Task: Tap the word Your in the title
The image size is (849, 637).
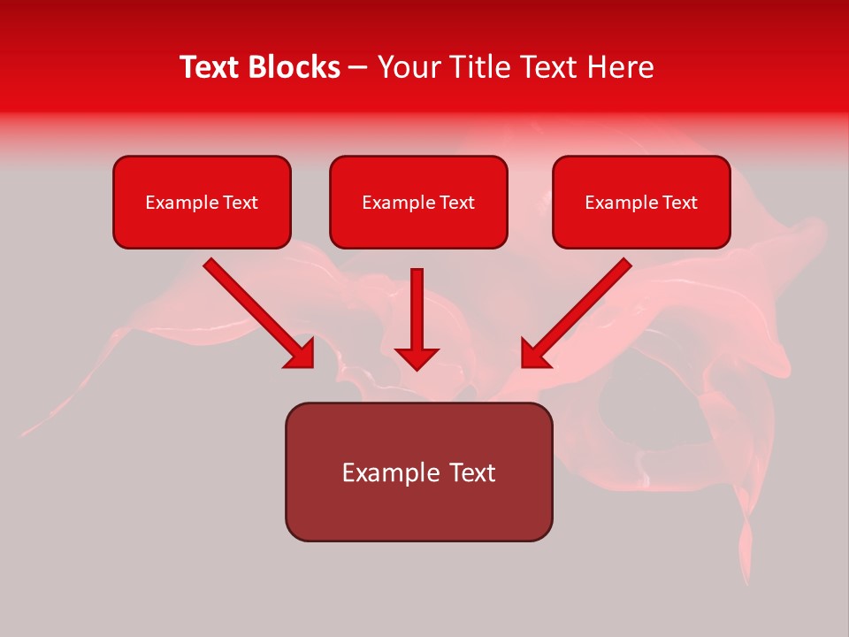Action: tap(409, 67)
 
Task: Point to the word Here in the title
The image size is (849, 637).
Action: tap(622, 67)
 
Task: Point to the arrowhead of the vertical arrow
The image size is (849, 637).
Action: tap(417, 357)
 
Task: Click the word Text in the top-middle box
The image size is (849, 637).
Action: tap(456, 203)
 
